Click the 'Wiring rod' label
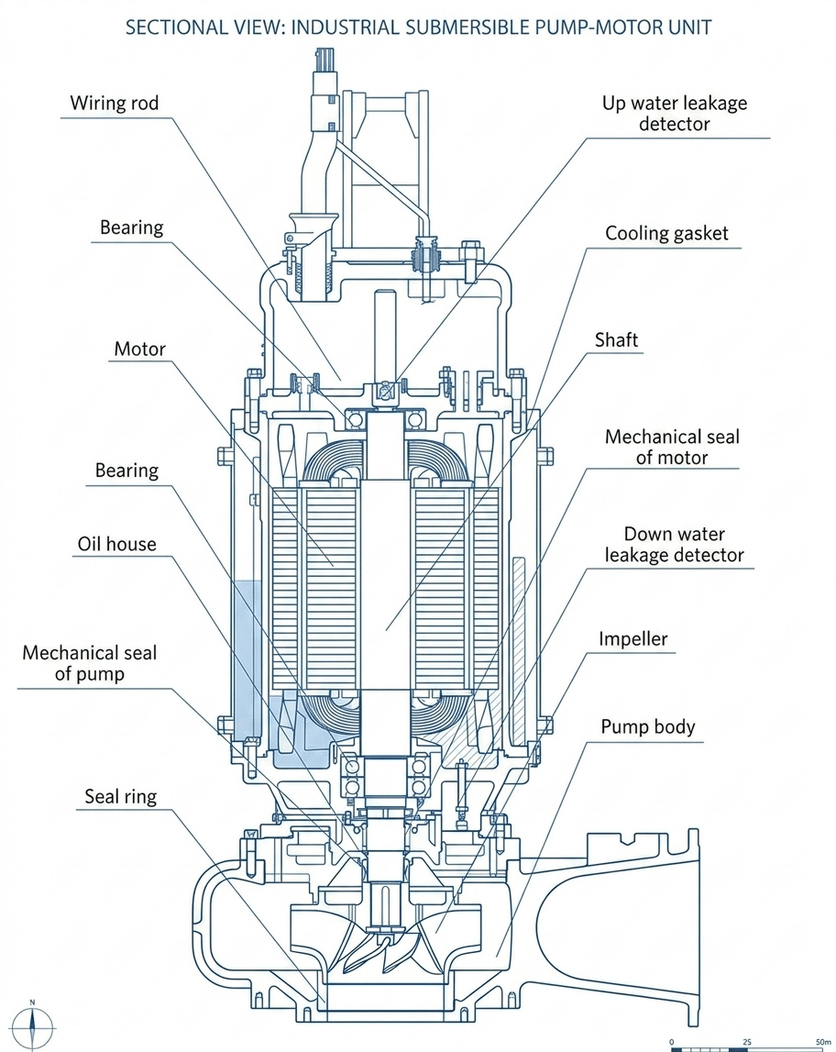click(x=115, y=104)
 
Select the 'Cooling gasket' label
click(x=666, y=234)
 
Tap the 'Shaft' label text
click(x=616, y=340)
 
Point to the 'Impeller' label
click(x=632, y=638)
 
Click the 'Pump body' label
click(x=647, y=727)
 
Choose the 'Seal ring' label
click(x=121, y=796)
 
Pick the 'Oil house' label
click(x=116, y=544)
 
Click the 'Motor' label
click(x=139, y=349)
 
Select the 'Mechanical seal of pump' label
click(x=89, y=663)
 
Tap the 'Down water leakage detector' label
click(x=675, y=544)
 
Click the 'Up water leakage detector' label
click(x=675, y=114)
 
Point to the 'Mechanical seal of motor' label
click(x=672, y=447)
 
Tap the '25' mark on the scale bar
click(x=746, y=1042)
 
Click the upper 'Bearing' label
click(x=131, y=227)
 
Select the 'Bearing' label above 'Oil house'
click(x=126, y=471)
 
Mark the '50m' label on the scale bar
click(x=822, y=1042)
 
